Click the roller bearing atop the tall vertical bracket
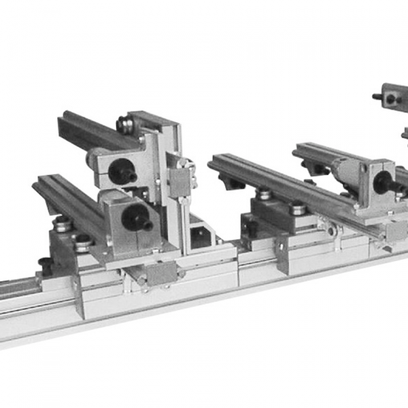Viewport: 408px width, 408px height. coord(125,124)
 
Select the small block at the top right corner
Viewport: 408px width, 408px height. coord(391,97)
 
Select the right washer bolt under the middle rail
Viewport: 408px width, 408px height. coord(297,207)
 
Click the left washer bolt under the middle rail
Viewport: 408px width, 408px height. coord(264,194)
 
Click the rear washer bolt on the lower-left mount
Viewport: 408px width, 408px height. coord(63,224)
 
